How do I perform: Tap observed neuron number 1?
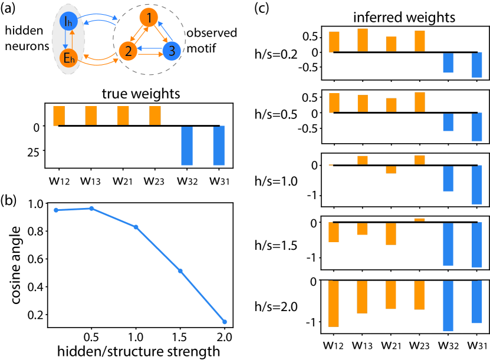coord(151,19)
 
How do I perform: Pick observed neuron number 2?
coord(124,51)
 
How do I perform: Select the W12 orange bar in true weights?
coord(59,115)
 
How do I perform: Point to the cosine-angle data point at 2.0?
coord(225,322)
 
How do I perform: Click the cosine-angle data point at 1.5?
coord(180,270)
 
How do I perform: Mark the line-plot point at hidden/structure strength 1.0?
coord(136,227)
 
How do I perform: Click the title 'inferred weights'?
coord(403,18)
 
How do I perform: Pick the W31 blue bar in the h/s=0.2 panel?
coord(476,65)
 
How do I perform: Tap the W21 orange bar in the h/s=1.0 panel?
coord(391,169)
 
